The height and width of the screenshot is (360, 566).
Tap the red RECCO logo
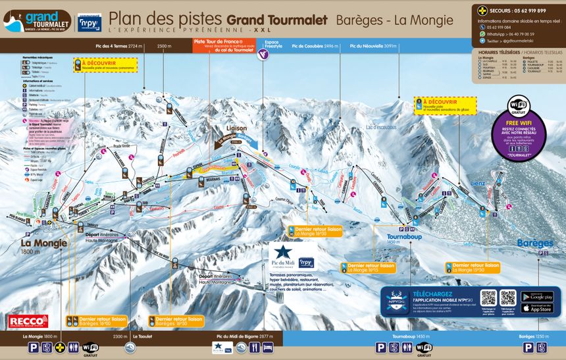[x=28, y=321]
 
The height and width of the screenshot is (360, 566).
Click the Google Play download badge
[x=536, y=297]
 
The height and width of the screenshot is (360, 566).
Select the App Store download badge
[x=536, y=307]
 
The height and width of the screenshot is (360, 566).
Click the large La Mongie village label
[x=39, y=243]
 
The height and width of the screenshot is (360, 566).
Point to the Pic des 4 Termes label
[x=119, y=46]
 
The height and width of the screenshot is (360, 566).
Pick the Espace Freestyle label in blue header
[x=272, y=43]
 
